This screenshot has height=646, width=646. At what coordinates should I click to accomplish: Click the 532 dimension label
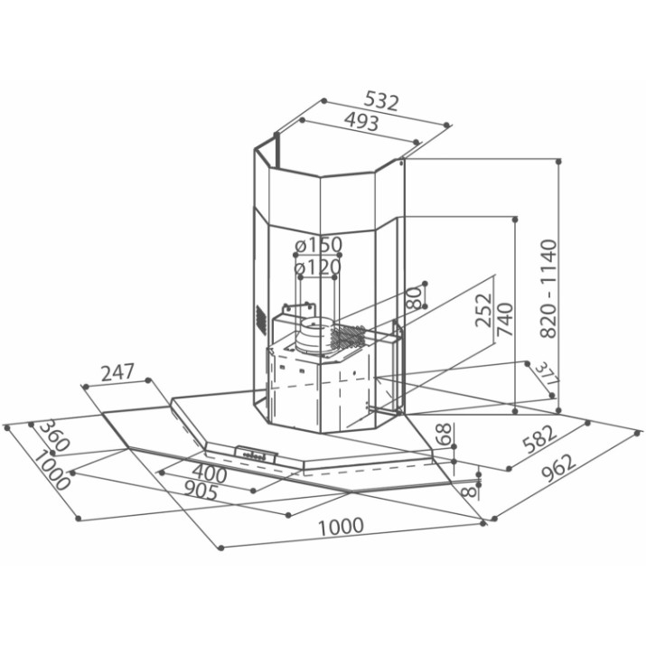(x=382, y=102)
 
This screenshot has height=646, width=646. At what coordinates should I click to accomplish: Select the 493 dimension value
(x=361, y=122)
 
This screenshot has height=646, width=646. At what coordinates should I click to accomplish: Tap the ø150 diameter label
(x=318, y=246)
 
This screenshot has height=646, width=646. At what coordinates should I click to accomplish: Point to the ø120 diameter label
(x=318, y=267)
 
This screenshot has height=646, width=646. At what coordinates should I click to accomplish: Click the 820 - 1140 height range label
(x=548, y=289)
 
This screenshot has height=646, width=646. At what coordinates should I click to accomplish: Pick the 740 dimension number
(x=505, y=319)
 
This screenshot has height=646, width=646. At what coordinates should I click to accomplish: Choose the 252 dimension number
(x=483, y=310)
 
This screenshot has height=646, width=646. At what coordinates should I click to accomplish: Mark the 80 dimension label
(x=414, y=298)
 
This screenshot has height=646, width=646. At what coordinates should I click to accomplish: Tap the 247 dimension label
(x=117, y=372)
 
